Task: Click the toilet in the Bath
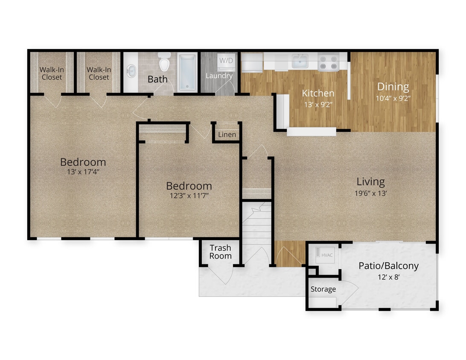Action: (164, 62)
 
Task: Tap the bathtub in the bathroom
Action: (187, 72)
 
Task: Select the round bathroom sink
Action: (132, 71)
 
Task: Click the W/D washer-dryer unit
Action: (226, 61)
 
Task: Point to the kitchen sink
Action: (300, 61)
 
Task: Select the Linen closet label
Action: (227, 135)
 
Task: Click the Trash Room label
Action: (220, 252)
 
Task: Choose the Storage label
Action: (323, 289)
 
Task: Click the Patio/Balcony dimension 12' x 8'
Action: (388, 276)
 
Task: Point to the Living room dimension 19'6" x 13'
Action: (370, 193)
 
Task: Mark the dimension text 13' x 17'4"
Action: (83, 172)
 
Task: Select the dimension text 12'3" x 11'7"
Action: (189, 196)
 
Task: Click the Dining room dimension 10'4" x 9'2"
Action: (393, 98)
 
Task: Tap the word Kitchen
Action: (318, 93)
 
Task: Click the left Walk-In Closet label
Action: (52, 73)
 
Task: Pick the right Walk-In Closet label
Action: (99, 73)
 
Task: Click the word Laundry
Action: (219, 76)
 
